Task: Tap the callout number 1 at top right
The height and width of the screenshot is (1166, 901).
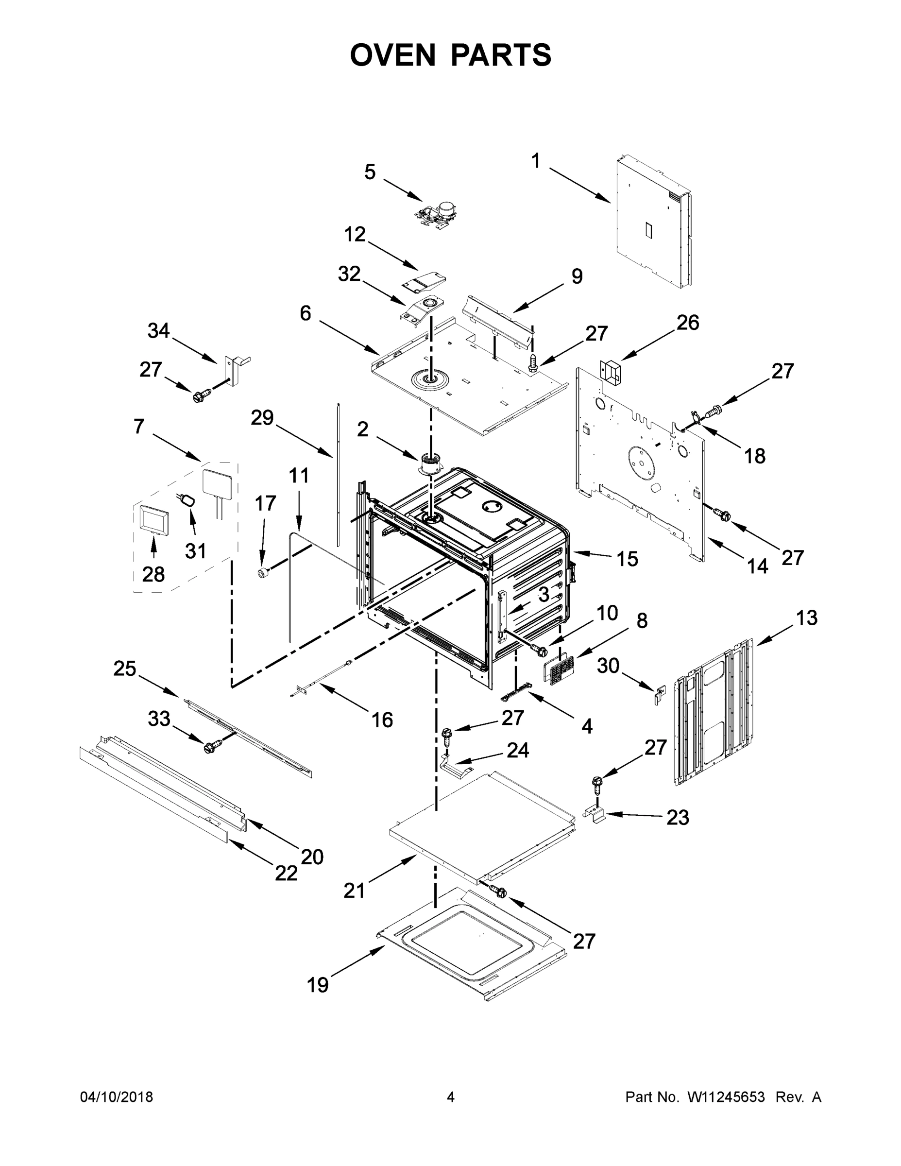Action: pos(535,161)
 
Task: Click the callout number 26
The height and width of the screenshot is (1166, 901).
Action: pos(688,323)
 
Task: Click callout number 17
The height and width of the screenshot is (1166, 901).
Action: pos(265,503)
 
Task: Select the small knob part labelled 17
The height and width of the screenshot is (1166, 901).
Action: pos(263,573)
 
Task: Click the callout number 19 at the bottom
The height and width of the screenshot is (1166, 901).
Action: pos(318,984)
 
